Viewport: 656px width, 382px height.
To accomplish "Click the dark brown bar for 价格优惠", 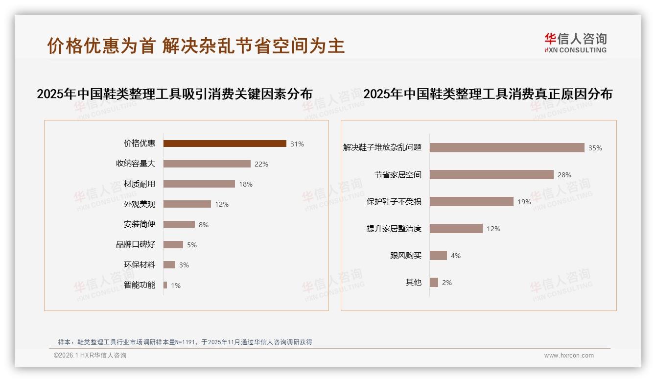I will (225, 143).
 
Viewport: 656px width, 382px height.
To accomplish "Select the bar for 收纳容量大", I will (207, 164).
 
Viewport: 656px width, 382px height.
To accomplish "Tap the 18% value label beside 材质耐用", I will (246, 184).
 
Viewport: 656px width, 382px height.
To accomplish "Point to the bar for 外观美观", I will (187, 204).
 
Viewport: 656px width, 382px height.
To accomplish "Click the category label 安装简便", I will (140, 224).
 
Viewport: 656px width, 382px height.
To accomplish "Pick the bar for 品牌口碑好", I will (173, 244).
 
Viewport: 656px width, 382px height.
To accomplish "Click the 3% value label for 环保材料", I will (184, 265).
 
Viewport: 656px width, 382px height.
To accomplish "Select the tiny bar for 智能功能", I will (165, 285).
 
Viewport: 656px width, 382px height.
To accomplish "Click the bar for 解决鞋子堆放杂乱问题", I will (507, 147).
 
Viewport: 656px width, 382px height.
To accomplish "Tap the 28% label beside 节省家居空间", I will (564, 175).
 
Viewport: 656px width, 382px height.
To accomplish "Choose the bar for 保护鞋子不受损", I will (471, 202).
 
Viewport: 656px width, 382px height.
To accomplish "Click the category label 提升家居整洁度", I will (394, 229).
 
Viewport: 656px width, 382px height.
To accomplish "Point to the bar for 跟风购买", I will (438, 256).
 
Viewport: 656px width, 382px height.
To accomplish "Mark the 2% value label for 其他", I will (446, 283).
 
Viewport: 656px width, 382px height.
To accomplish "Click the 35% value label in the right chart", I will (595, 148).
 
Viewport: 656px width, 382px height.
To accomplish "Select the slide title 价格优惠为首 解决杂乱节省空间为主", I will (196, 46).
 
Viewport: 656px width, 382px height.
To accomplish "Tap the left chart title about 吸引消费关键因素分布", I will (174, 94).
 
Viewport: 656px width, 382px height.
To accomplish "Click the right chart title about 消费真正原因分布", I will (488, 94).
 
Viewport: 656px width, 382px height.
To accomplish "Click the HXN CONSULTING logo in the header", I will (575, 43).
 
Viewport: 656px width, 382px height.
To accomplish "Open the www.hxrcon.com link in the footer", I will (569, 356).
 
